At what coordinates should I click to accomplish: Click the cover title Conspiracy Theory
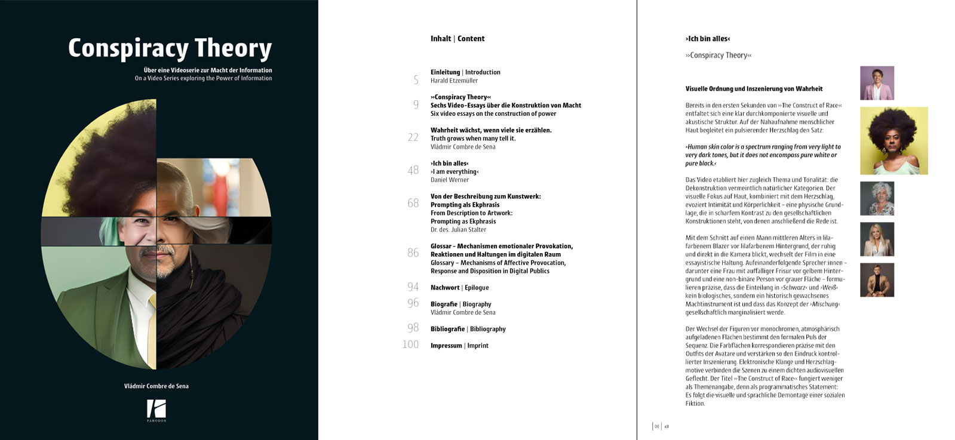tap(170, 48)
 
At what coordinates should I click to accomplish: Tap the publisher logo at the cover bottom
tap(156, 410)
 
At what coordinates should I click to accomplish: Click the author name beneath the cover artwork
tap(156, 386)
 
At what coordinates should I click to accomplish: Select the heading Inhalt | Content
tap(457, 39)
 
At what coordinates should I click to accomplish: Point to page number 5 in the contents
tap(416, 79)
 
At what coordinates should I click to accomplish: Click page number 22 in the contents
tap(413, 137)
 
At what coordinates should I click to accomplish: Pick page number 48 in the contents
tap(413, 170)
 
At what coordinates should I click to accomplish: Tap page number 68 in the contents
tap(413, 203)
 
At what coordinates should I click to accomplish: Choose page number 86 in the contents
tap(413, 253)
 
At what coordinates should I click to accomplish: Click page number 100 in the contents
tap(410, 344)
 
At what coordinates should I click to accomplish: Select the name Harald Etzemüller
tap(454, 81)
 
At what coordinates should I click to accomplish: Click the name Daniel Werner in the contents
tap(450, 180)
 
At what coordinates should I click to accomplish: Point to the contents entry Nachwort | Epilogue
tap(459, 288)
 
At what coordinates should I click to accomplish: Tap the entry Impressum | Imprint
tap(459, 346)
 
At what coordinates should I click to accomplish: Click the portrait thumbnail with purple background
tap(877, 83)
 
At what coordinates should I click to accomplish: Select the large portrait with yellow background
tap(893, 141)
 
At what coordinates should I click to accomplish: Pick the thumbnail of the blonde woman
tap(877, 239)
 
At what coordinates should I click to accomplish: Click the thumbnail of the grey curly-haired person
tap(877, 198)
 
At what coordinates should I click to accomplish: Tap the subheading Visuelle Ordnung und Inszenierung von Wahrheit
tap(754, 89)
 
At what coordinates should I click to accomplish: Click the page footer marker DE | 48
tap(661, 426)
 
